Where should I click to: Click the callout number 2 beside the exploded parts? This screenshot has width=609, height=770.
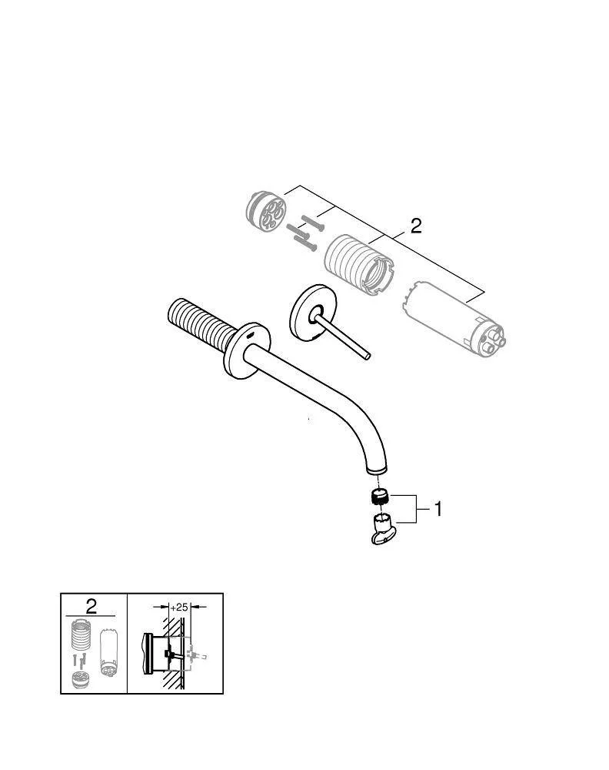tap(415, 226)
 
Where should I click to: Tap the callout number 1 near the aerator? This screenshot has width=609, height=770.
tap(438, 509)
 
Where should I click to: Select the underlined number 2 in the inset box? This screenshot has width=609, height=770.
tap(92, 607)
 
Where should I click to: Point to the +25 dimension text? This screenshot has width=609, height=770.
tap(178, 607)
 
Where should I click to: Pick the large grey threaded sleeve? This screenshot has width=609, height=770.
tap(359, 266)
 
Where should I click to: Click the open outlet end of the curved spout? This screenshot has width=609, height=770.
tap(377, 471)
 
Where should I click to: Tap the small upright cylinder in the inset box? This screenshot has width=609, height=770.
tap(108, 652)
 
